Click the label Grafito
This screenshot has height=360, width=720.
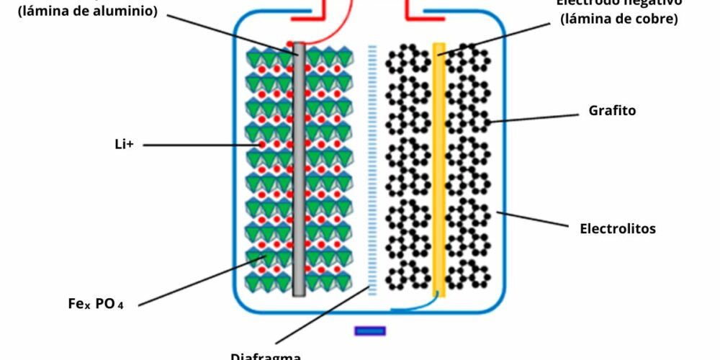pyautogui.click(x=612, y=112)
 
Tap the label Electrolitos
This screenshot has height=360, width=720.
pyautogui.click(x=618, y=229)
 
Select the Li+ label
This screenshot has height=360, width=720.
pyautogui.click(x=125, y=145)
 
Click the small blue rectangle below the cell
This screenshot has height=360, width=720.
pyautogui.click(x=370, y=331)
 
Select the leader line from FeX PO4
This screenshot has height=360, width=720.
pyautogui.click(x=194, y=281)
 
